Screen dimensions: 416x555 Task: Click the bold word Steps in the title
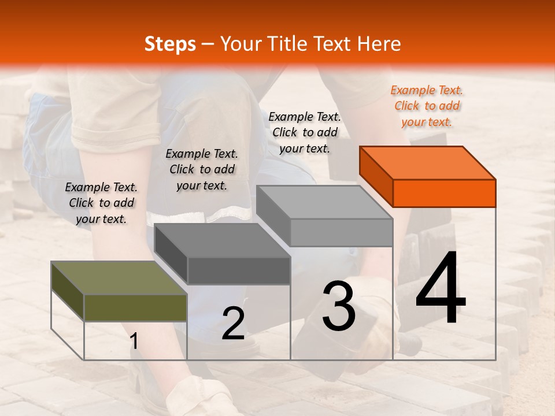(170, 44)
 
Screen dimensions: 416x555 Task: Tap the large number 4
(441, 288)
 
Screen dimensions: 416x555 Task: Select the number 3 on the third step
(339, 306)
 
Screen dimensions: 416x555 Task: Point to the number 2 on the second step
(233, 324)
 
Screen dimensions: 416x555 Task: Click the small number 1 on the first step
(134, 341)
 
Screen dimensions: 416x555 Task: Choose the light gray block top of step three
(324, 202)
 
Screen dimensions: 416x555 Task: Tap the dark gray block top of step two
(223, 240)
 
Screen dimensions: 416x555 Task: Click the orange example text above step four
(427, 106)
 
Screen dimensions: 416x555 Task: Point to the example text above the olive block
(101, 203)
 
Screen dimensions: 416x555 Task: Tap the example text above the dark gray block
(202, 169)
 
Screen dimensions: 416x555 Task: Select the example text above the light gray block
(305, 132)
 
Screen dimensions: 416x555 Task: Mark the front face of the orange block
(444, 193)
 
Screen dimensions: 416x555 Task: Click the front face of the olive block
(135, 307)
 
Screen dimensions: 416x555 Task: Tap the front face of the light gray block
(341, 232)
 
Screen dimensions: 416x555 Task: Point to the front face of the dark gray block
(239, 270)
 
